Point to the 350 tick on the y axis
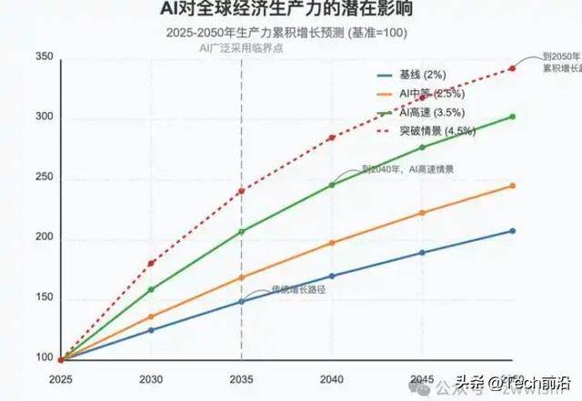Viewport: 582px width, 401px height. pos(43,57)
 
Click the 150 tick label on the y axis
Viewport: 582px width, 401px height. pos(43,298)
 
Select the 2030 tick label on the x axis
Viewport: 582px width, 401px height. pos(151,377)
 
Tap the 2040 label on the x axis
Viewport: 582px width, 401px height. pos(332,377)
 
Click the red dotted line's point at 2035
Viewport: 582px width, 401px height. pos(241,191)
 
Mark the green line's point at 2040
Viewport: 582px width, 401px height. pos(332,185)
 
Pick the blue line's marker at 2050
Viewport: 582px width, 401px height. pos(513,231)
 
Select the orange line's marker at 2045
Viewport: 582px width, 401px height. pos(422,213)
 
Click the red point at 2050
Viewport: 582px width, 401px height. pos(513,68)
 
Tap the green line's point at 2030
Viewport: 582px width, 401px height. pos(151,289)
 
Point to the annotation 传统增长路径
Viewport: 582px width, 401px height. pos(298,289)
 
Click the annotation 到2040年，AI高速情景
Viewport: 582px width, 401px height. pos(406,169)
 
